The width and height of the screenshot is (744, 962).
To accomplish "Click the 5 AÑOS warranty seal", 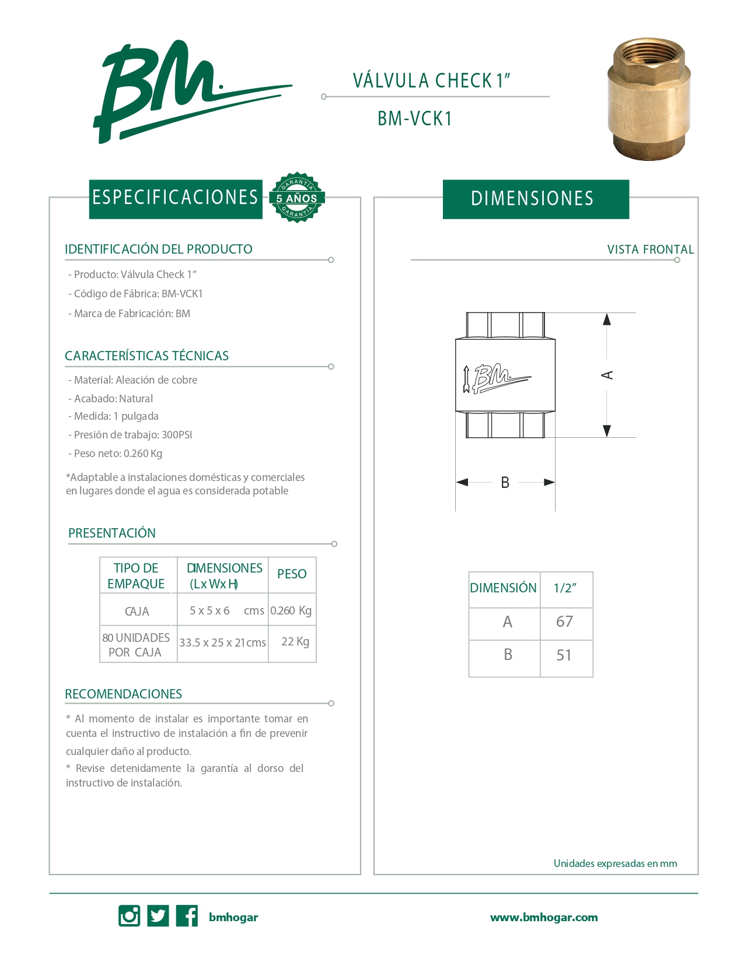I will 297,198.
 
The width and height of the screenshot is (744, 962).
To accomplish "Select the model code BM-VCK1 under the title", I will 415,119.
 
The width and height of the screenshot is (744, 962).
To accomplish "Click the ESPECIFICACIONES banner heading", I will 175,198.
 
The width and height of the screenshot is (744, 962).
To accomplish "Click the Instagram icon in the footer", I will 129,916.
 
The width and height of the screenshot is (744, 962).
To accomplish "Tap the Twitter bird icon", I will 158,916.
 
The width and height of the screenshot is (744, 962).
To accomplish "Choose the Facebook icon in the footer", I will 187,916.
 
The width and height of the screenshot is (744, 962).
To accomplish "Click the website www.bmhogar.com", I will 544,917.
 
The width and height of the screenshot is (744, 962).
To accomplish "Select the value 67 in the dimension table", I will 564,622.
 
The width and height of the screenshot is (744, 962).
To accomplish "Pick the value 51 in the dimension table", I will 564,655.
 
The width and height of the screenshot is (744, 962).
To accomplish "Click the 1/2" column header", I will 565,588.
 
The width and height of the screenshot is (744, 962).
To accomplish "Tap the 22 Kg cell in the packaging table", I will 295,642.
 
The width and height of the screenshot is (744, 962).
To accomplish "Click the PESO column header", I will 292,574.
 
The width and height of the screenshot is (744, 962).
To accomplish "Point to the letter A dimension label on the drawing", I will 607,375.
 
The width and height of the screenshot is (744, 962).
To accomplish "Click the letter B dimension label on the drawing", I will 505,483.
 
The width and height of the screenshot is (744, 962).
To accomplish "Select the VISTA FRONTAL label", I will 650,250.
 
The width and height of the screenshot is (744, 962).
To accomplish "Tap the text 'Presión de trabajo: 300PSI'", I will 133,435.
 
